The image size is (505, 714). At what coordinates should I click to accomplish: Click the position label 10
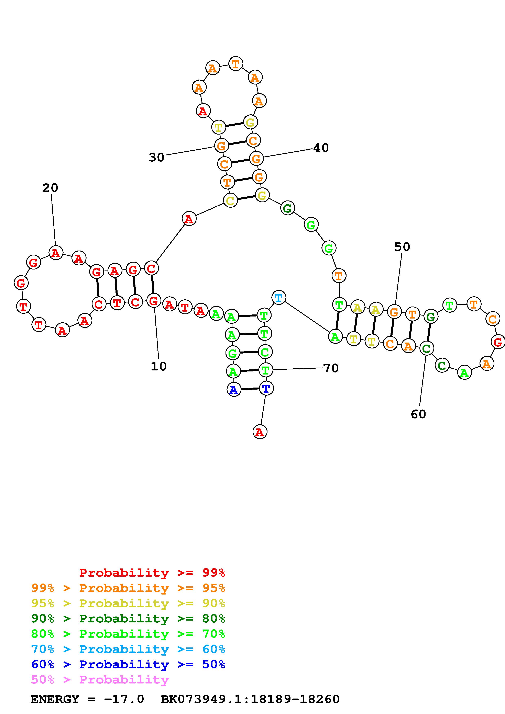159,366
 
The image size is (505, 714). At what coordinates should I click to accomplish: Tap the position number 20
50,188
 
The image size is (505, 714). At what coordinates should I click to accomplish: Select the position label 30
156,157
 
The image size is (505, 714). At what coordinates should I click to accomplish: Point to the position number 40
321,148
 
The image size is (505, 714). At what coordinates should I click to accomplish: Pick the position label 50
402,247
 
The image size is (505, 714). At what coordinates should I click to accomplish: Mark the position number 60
418,414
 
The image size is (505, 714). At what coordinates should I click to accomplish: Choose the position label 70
331,368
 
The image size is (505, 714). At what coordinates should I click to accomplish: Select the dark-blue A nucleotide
234,390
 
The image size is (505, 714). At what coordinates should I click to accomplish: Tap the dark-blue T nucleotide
266,388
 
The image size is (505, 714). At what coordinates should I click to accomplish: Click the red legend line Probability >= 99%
152,573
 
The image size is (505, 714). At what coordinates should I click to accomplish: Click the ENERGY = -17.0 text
87,699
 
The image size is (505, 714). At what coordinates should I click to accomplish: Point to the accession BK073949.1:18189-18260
250,699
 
